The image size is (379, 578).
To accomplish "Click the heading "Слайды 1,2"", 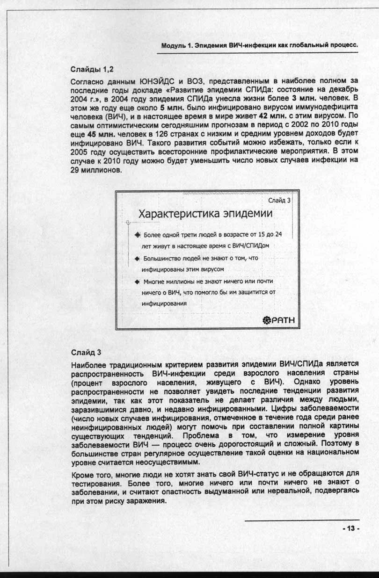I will click(91, 70).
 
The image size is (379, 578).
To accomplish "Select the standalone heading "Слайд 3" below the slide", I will click(86, 352).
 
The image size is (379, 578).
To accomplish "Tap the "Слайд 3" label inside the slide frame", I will click(279, 200).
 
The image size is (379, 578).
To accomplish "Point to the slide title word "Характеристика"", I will click(178, 214).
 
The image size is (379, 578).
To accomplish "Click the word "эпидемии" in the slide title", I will click(248, 214).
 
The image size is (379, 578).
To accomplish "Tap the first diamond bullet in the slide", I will click(137, 234).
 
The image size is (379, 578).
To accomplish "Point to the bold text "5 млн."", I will click(171, 107).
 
